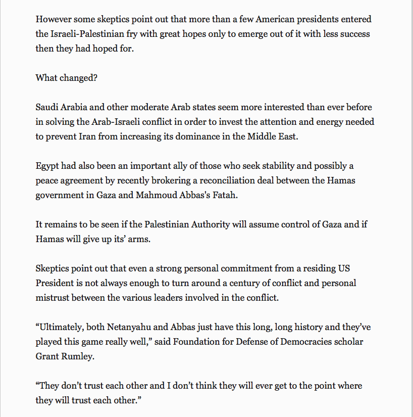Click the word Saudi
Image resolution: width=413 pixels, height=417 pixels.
coord(47,108)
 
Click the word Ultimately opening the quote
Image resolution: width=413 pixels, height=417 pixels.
coord(63,327)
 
